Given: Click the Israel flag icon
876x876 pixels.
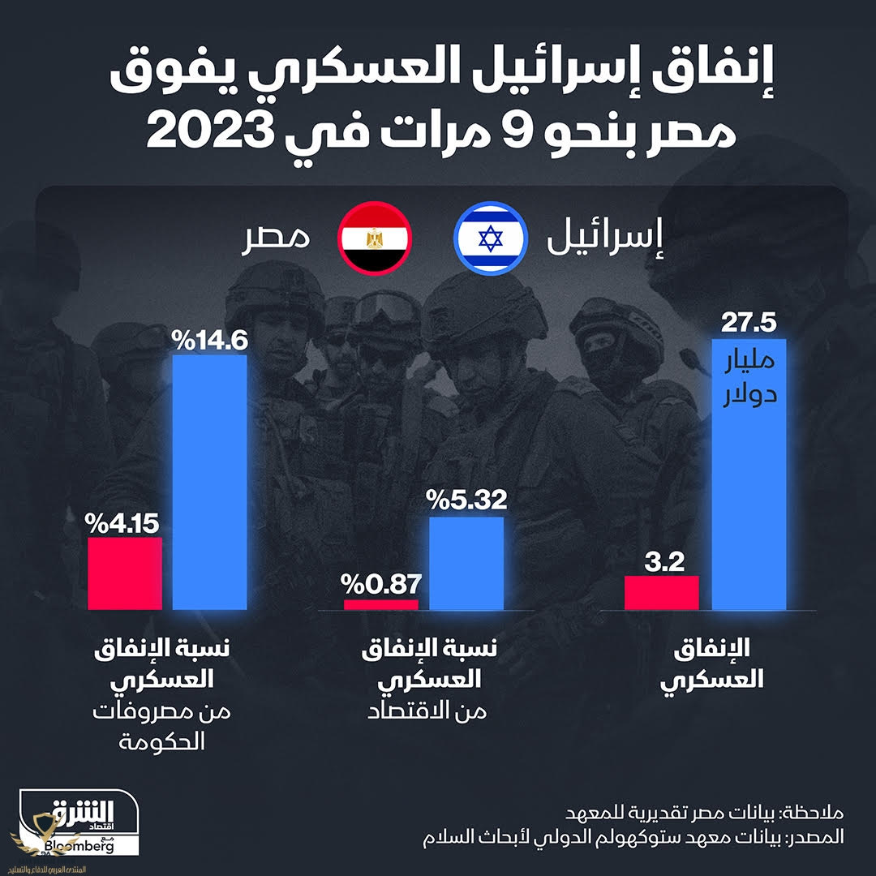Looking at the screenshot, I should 489,238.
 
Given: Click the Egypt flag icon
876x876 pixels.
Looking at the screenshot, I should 374,238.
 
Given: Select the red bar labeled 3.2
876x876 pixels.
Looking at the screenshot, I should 662,592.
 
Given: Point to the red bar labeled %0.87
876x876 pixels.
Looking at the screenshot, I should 381,604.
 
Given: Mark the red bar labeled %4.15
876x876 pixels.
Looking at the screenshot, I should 124,572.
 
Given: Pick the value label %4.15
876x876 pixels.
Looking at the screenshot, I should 124,522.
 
